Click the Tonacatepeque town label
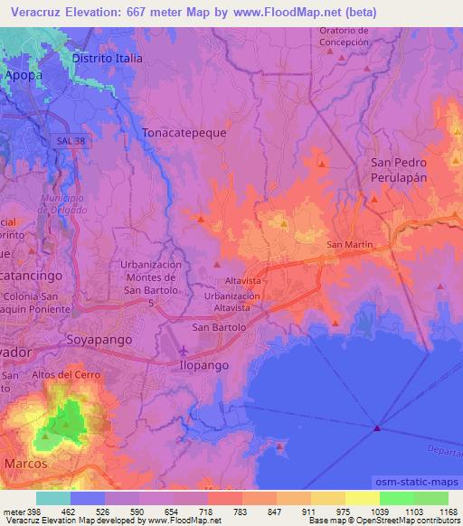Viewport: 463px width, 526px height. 184,131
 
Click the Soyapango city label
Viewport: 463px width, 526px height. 99,340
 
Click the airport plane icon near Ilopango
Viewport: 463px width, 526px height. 186,349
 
